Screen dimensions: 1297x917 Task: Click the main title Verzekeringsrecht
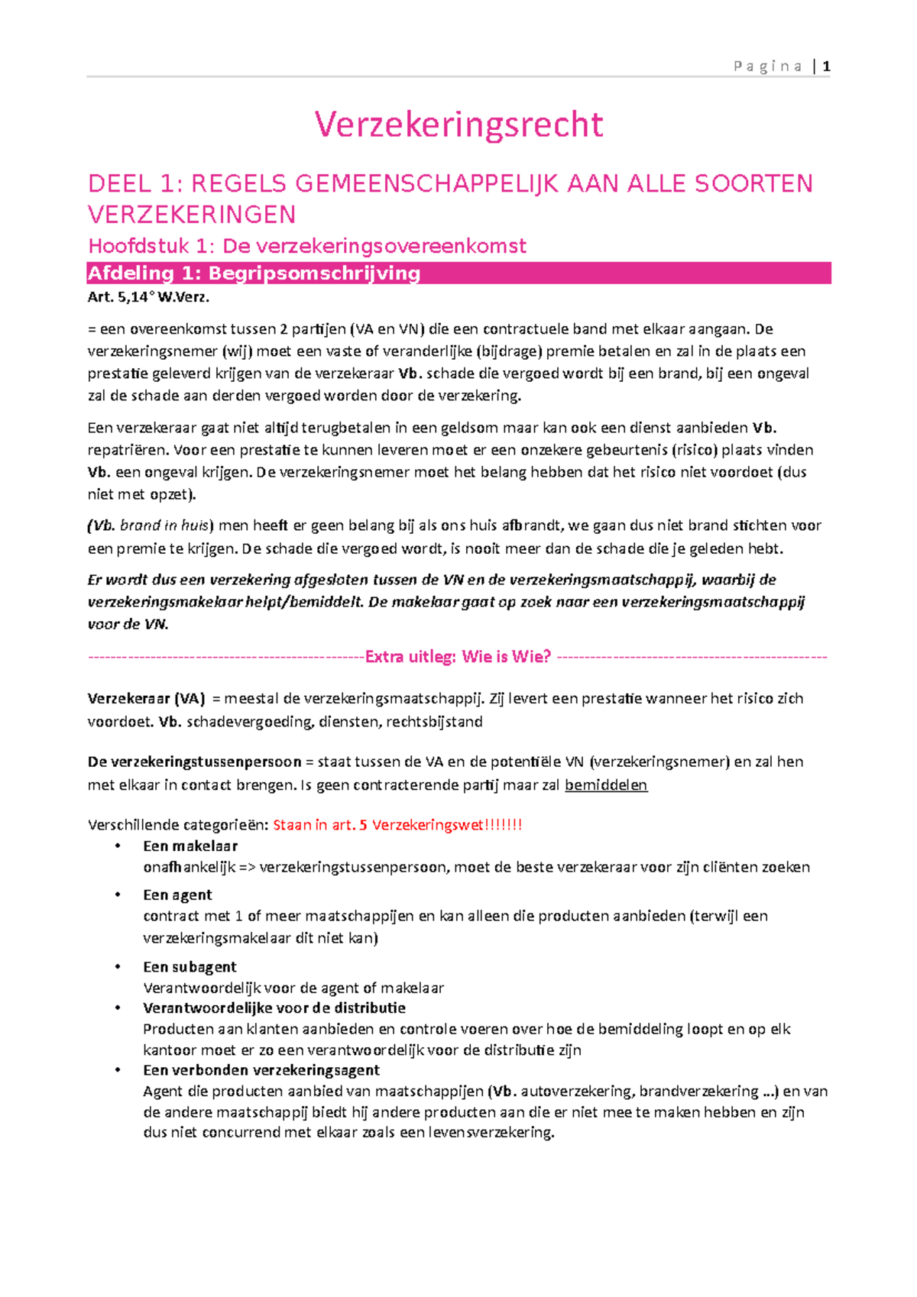click(x=458, y=125)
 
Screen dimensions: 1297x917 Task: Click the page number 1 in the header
click(x=826, y=66)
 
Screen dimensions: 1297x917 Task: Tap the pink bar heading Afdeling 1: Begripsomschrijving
click(x=254, y=273)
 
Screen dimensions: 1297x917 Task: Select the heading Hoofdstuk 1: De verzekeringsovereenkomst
click(x=307, y=246)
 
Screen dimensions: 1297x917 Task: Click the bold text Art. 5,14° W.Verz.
click(x=148, y=298)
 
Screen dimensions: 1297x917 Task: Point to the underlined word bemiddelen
click(x=606, y=785)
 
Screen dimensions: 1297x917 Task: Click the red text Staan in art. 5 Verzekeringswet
click(x=397, y=825)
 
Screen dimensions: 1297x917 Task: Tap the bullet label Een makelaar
click(x=190, y=846)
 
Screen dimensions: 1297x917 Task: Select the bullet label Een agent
click(x=177, y=895)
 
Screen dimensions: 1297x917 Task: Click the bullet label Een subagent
click(x=190, y=967)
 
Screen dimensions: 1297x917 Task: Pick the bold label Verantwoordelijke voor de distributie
click(x=274, y=1008)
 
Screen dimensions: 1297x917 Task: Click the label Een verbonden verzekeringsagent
click(x=261, y=1070)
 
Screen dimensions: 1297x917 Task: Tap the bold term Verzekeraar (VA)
click(x=146, y=699)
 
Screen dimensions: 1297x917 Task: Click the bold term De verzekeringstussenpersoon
click(x=194, y=762)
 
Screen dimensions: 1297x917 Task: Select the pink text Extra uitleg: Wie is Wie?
click(x=458, y=657)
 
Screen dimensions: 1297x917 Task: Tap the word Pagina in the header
click(x=767, y=66)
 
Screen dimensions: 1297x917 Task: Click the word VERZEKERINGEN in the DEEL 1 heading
click(x=192, y=215)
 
